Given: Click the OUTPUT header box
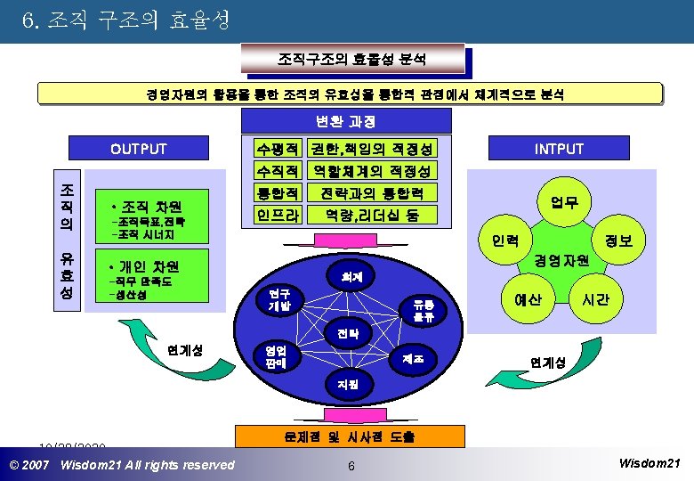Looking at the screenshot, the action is click(138, 149).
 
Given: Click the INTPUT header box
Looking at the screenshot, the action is click(559, 149).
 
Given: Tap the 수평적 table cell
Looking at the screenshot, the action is click(277, 149).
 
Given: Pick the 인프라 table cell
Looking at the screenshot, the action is click(277, 214).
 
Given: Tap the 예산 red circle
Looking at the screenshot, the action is click(528, 300).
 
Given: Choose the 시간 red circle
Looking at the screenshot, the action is click(595, 300).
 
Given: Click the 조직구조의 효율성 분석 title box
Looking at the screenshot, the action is click(351, 60).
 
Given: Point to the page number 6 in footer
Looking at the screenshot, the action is click(351, 467).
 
